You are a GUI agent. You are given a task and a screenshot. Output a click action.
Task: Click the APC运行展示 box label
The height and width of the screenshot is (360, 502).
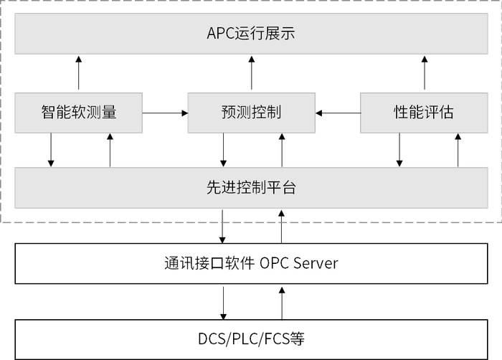(x=251, y=33)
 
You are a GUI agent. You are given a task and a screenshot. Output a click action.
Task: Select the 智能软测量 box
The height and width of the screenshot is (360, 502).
(x=79, y=112)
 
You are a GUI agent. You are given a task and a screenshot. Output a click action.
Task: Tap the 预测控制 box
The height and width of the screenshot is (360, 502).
(x=251, y=112)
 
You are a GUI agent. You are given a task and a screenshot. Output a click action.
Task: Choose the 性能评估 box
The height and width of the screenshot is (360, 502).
(x=423, y=112)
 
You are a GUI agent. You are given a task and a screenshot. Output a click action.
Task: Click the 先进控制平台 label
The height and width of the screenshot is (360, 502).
(x=251, y=189)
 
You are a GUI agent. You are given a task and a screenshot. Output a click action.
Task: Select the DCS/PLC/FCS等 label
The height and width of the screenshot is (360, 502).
(x=251, y=338)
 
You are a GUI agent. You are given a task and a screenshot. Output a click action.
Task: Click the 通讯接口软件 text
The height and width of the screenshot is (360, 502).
(x=209, y=263)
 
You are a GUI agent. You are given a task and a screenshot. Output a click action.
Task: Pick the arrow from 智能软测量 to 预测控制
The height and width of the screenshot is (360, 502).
(x=165, y=113)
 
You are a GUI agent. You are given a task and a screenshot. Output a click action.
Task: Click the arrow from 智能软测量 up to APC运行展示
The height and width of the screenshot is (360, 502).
(x=79, y=73)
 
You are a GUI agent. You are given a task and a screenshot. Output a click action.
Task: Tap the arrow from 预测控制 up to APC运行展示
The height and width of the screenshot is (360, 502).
(x=251, y=73)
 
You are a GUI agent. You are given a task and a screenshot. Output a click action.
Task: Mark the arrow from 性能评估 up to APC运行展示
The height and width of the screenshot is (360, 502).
(x=423, y=73)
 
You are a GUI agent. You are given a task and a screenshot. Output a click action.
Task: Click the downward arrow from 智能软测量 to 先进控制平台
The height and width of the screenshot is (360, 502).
(x=51, y=150)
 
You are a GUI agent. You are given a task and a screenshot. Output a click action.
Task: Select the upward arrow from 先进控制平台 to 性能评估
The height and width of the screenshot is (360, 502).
(x=457, y=150)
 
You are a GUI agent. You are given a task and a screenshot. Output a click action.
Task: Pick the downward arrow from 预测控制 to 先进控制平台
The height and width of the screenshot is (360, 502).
(x=224, y=150)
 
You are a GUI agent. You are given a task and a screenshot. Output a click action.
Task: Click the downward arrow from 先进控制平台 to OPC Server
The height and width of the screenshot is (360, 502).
(x=224, y=227)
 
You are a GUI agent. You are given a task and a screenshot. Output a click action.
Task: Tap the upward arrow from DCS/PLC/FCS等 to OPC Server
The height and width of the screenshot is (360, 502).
(x=282, y=302)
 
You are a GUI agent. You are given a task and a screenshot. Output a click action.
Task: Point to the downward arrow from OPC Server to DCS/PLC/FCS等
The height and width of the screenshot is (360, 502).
(x=224, y=302)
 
